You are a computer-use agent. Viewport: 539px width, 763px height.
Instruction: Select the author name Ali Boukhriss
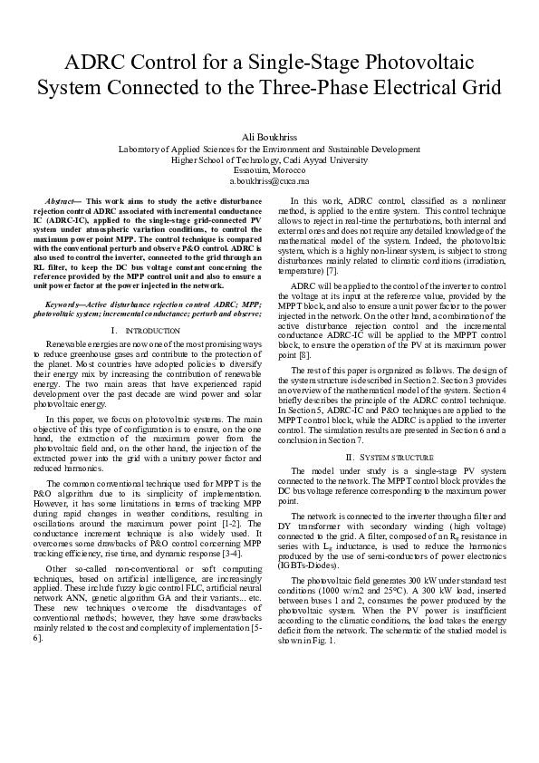(x=269, y=136)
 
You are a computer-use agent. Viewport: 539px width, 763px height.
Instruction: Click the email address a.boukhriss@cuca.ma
(x=269, y=181)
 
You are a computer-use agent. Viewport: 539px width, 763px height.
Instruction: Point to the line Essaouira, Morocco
(x=269, y=170)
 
